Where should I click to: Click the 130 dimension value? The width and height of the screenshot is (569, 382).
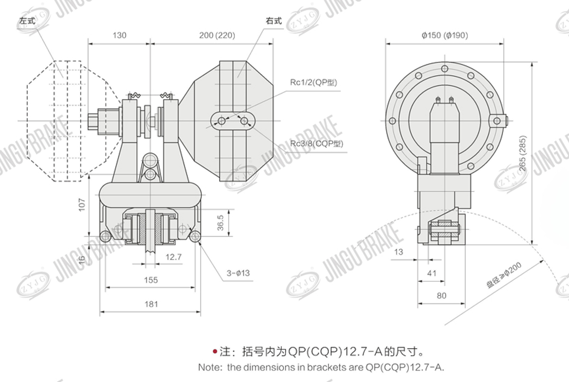pyautogui.click(x=119, y=35)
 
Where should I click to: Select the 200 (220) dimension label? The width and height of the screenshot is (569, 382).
pyautogui.click(x=211, y=35)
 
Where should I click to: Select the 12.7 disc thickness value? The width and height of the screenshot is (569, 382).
pyautogui.click(x=173, y=257)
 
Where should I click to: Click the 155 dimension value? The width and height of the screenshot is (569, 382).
pyautogui.click(x=151, y=280)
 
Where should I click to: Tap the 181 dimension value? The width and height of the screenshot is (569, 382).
pyautogui.click(x=151, y=304)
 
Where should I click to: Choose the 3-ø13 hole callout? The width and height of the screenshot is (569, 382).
pyautogui.click(x=238, y=273)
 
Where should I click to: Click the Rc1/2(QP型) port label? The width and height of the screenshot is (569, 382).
pyautogui.click(x=314, y=82)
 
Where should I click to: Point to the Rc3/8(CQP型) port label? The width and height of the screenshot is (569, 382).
pyautogui.click(x=317, y=143)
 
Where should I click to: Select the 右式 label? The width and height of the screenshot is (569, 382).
pyautogui.click(x=274, y=21)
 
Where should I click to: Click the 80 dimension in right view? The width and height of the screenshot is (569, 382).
pyautogui.click(x=441, y=296)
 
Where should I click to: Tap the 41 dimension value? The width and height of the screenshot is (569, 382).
pyautogui.click(x=432, y=273)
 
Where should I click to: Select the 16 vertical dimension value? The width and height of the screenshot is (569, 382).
pyautogui.click(x=82, y=259)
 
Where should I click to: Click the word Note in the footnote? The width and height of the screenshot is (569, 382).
pyautogui.click(x=209, y=368)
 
